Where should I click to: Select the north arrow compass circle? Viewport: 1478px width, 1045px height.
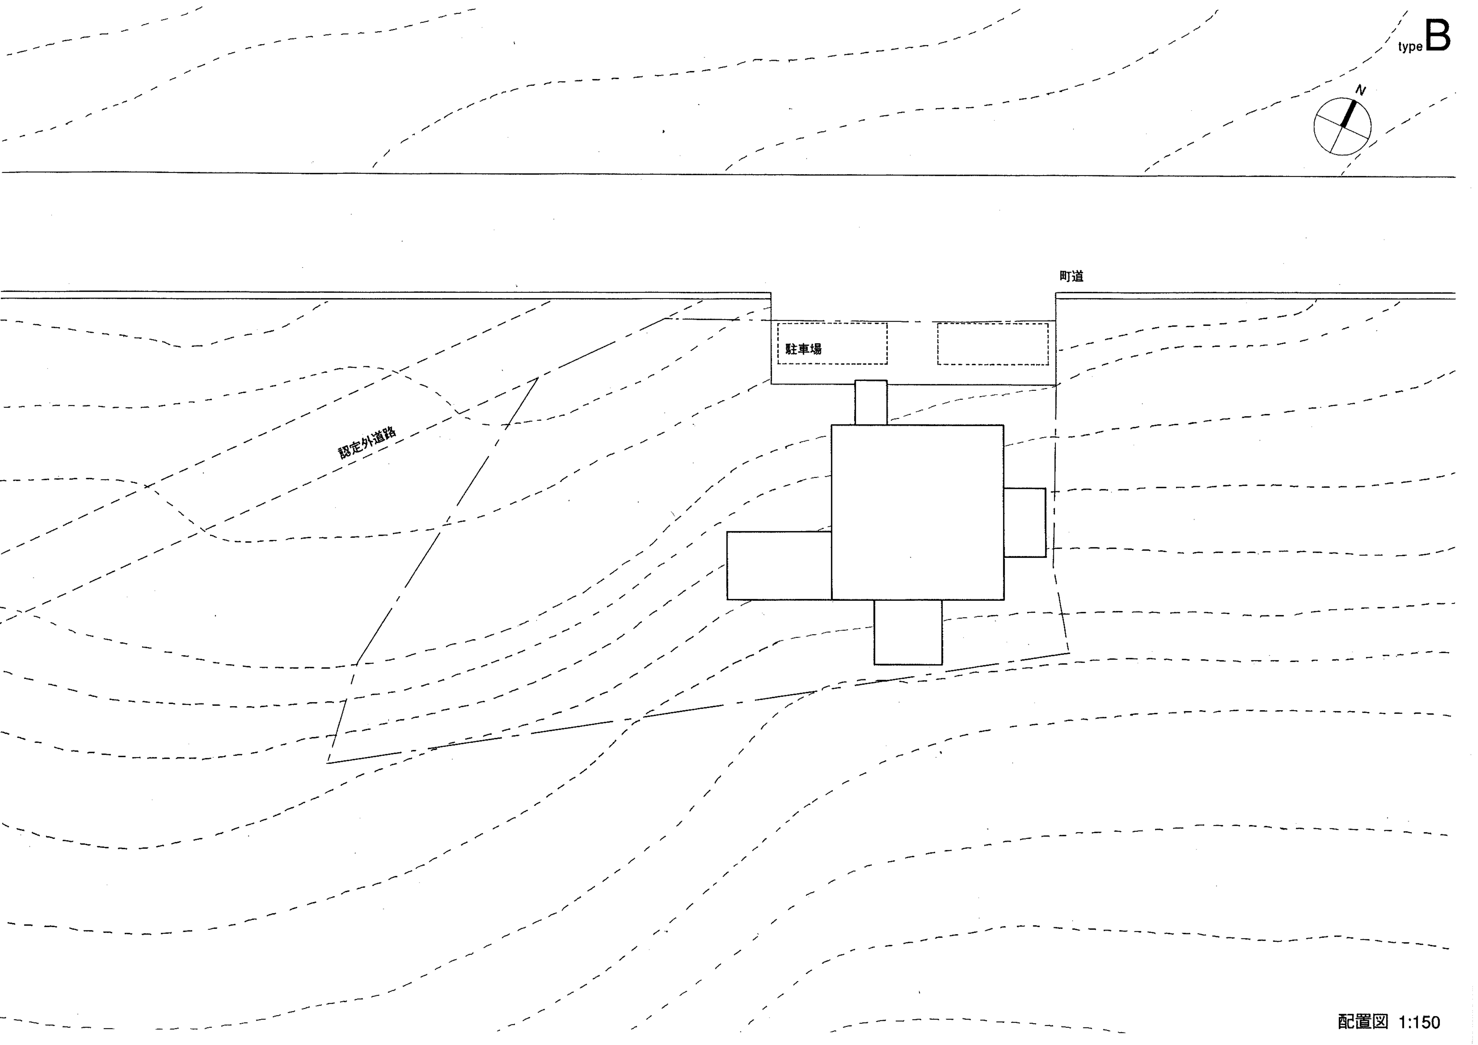pos(1342,126)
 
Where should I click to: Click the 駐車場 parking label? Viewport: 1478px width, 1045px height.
pos(803,349)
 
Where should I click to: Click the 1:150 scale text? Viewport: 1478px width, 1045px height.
pos(1419,1022)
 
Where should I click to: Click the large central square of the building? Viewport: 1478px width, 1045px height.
pos(917,512)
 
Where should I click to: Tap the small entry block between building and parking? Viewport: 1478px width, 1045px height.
pos(871,402)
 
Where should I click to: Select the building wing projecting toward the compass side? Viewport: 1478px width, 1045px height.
pos(1025,522)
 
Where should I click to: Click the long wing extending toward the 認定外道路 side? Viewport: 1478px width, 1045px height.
pos(779,566)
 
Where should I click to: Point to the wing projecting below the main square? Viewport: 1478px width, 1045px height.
pos(908,632)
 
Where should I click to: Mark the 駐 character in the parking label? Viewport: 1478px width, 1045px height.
pos(791,349)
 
